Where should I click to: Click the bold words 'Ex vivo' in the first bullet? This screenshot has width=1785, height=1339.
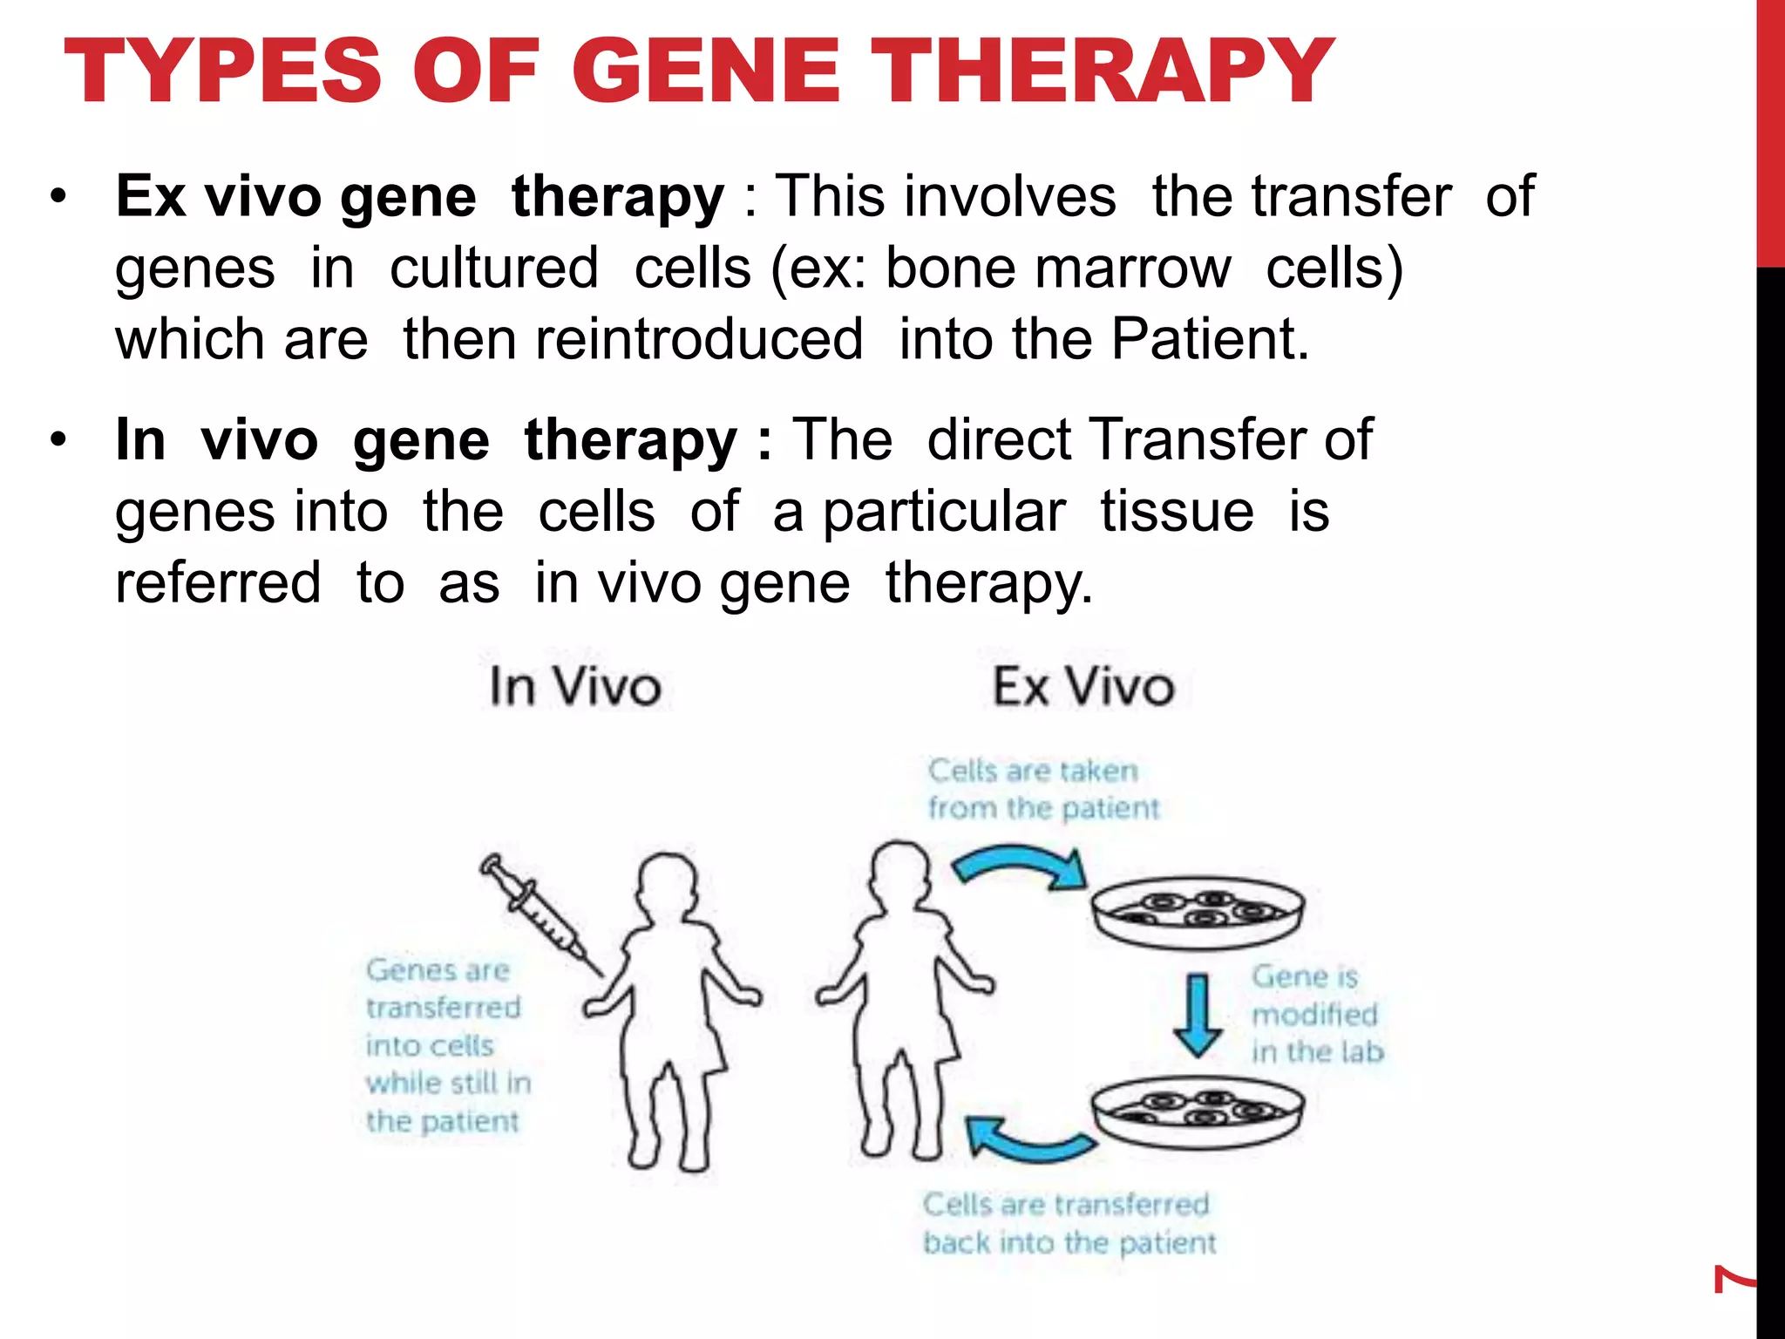click(x=218, y=196)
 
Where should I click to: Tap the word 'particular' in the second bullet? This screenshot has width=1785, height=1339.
click(x=945, y=512)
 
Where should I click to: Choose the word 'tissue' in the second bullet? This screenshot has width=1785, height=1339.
click(x=1177, y=512)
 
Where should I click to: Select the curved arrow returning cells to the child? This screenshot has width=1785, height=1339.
click(x=1028, y=1138)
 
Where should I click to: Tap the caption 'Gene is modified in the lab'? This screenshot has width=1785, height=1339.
click(x=1317, y=1015)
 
